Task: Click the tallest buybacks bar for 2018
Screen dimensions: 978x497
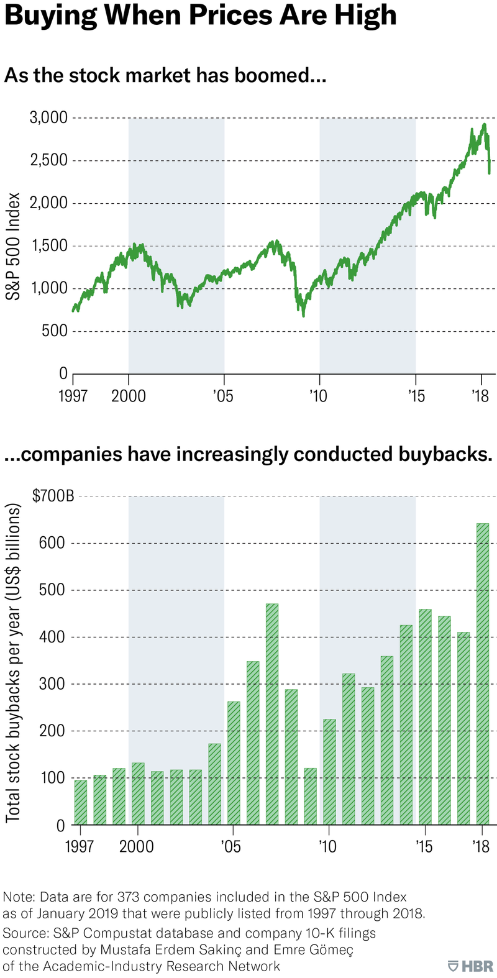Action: point(483,674)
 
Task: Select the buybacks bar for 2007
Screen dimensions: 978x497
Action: point(272,714)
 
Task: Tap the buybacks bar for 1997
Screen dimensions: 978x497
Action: point(81,802)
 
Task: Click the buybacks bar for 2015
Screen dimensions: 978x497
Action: point(425,717)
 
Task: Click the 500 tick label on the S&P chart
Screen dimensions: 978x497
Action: point(55,331)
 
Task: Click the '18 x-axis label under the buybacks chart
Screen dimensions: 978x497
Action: point(481,846)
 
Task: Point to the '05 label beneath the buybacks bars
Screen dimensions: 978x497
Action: point(230,846)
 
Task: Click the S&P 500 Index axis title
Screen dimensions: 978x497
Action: point(14,246)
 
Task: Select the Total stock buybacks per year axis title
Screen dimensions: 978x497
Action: point(14,660)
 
